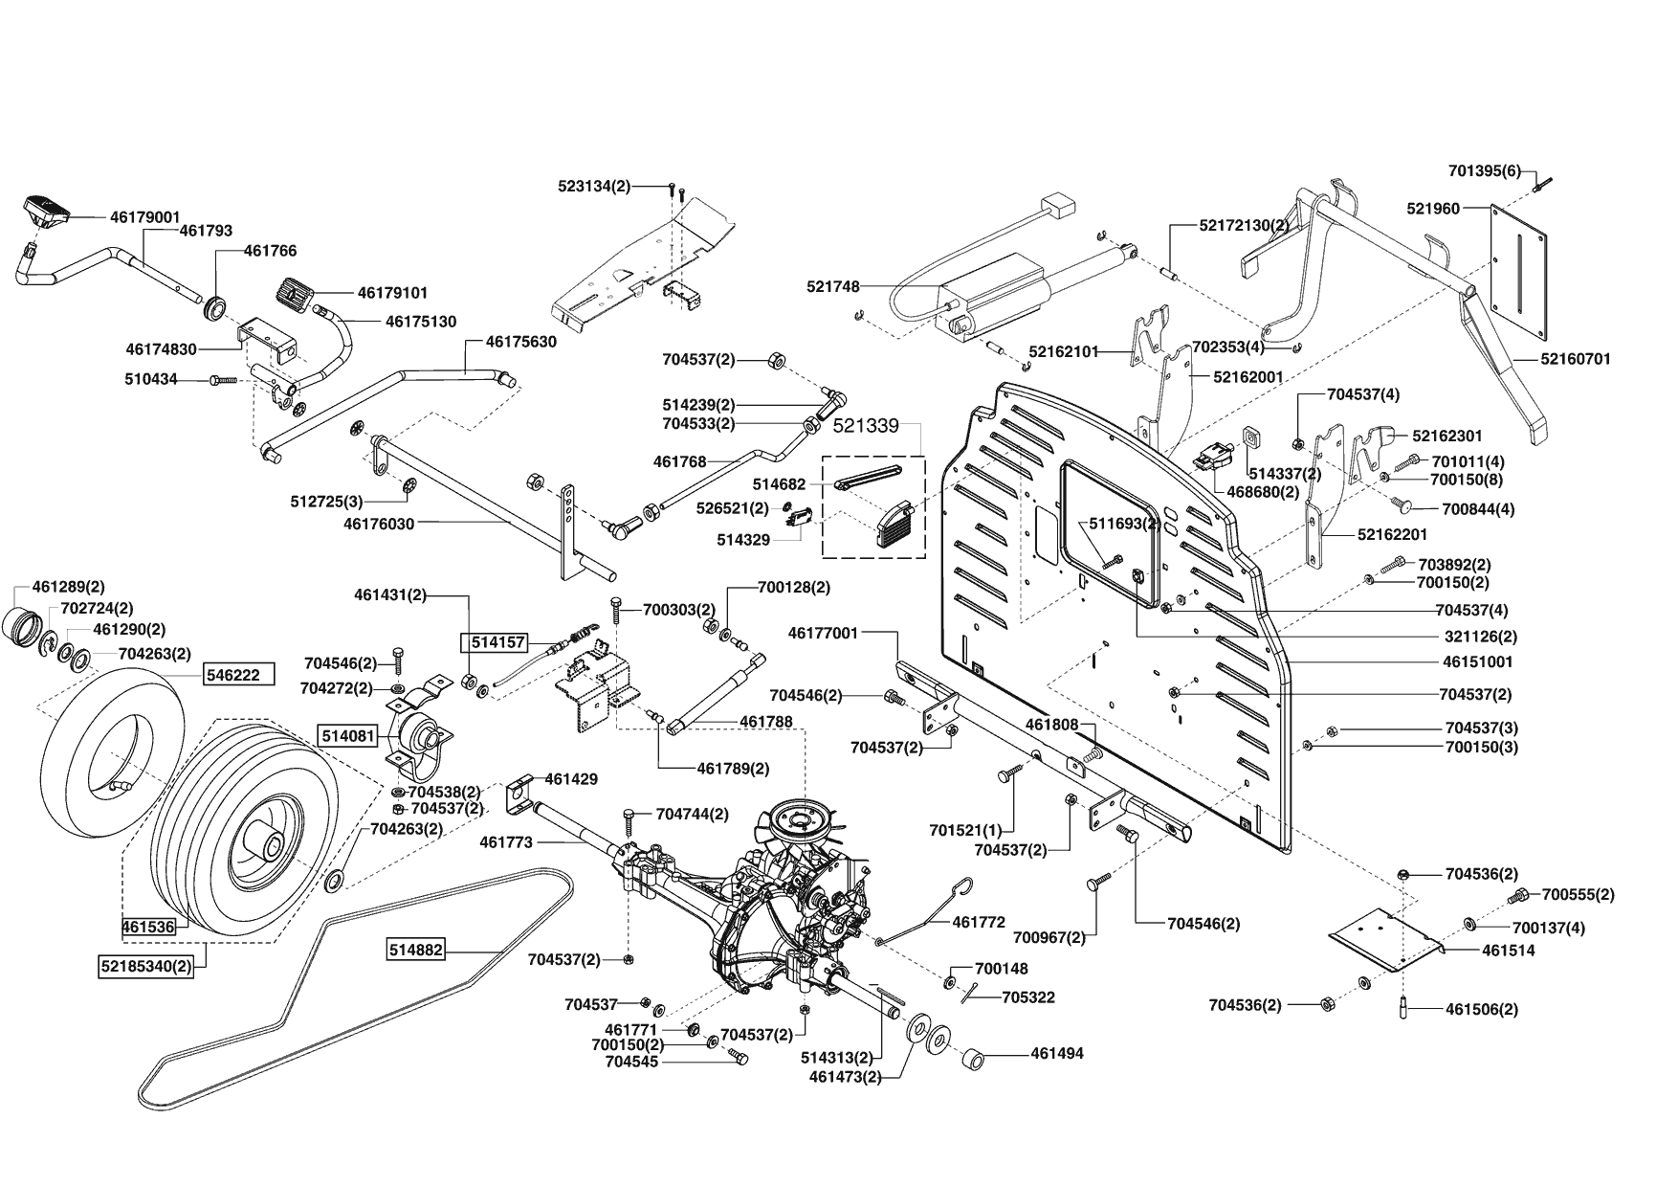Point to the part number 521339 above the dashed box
click(x=867, y=425)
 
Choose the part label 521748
click(x=833, y=286)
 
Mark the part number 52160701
click(x=1576, y=359)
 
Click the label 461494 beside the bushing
click(x=1057, y=1053)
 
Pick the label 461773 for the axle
click(x=506, y=842)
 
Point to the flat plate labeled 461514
click(x=1387, y=943)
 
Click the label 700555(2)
click(x=1578, y=894)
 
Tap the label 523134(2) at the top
click(x=594, y=187)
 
